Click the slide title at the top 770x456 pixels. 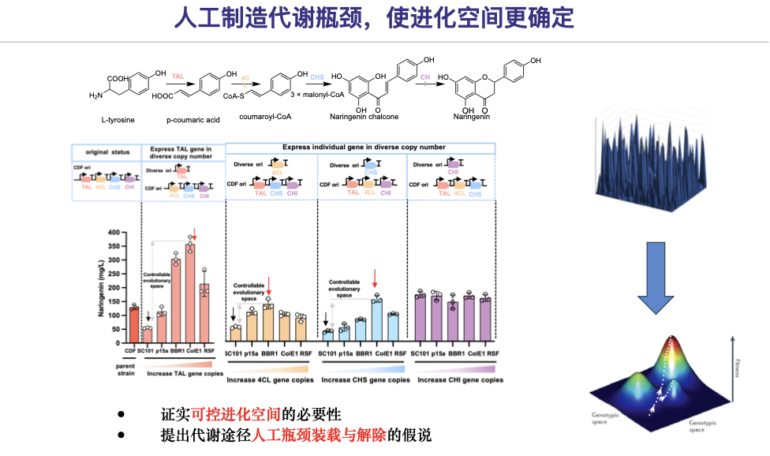[385, 18]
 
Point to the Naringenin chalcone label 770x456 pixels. [364, 117]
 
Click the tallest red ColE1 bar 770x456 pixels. [190, 292]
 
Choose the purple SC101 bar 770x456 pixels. [421, 316]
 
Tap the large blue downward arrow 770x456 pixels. [656, 279]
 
